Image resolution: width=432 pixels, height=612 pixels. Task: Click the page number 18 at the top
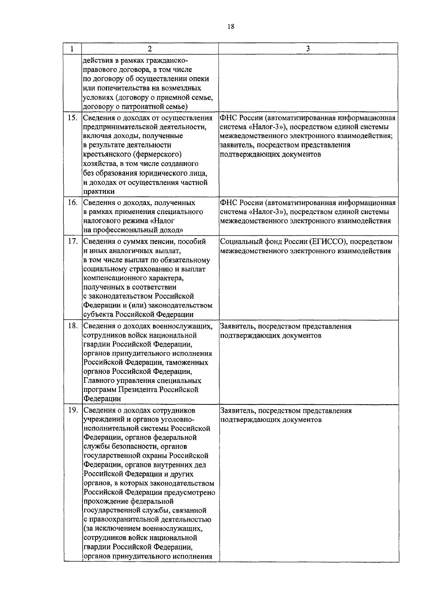click(x=231, y=26)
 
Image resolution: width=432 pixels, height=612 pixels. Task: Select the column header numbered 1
click(x=72, y=49)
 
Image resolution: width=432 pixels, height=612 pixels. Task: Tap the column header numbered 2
click(x=150, y=49)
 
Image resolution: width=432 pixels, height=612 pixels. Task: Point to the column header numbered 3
click(x=308, y=49)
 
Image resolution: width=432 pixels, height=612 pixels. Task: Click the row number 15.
click(x=73, y=118)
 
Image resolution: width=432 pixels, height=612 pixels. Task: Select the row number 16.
click(x=73, y=203)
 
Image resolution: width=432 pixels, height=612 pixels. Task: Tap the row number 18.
click(x=73, y=326)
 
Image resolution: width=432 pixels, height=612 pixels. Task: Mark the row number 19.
click(x=73, y=411)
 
